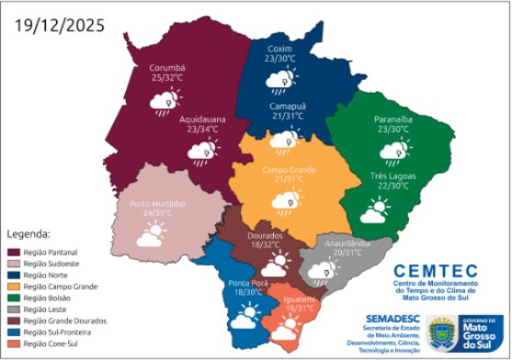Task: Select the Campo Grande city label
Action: click(289, 170)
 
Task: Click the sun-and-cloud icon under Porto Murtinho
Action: click(151, 238)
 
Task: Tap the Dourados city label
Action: click(267, 236)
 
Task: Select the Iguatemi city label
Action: click(302, 299)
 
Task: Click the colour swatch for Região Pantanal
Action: click(14, 251)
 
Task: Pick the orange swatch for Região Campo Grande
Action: click(14, 286)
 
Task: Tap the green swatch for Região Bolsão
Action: click(14, 298)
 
